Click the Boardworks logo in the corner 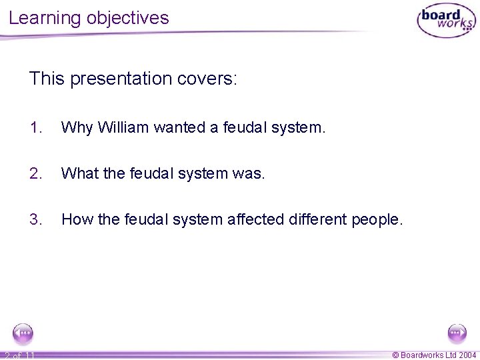pyautogui.click(x=446, y=21)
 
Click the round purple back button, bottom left pyautogui.click(x=23, y=332)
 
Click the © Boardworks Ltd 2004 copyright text pyautogui.click(x=434, y=354)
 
